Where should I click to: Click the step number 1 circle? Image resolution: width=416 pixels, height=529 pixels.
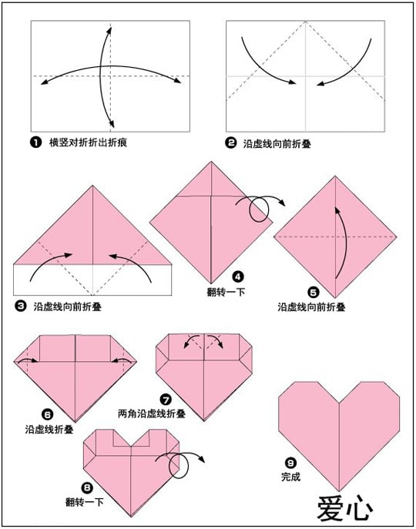click(x=35, y=142)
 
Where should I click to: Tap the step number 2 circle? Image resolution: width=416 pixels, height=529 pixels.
click(x=231, y=143)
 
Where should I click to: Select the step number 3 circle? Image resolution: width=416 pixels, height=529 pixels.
click(x=21, y=306)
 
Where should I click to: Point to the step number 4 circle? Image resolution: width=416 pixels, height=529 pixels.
click(x=238, y=277)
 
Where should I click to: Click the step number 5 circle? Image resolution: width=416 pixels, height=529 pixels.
click(x=314, y=293)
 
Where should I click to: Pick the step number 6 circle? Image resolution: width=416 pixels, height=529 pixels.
click(x=47, y=414)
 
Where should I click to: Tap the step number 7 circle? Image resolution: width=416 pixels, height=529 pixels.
click(x=166, y=400)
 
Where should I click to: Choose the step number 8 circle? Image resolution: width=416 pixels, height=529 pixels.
click(x=87, y=487)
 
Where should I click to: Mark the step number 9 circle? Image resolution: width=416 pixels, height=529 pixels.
click(x=290, y=463)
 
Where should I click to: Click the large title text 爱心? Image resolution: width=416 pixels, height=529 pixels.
click(x=345, y=508)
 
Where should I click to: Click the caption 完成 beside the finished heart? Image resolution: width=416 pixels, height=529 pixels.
click(x=290, y=477)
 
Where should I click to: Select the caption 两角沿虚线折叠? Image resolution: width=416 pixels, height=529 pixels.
click(x=152, y=413)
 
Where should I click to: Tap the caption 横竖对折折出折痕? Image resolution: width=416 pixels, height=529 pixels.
click(x=88, y=142)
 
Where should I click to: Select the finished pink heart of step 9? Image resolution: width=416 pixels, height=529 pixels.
click(x=339, y=436)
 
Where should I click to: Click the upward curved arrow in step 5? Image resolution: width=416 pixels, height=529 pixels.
click(x=342, y=243)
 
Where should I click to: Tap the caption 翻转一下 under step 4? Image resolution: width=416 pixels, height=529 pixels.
click(x=226, y=292)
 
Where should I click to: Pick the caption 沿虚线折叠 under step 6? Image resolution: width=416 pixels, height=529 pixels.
click(x=49, y=430)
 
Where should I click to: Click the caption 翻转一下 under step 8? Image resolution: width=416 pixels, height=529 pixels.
click(x=85, y=502)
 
